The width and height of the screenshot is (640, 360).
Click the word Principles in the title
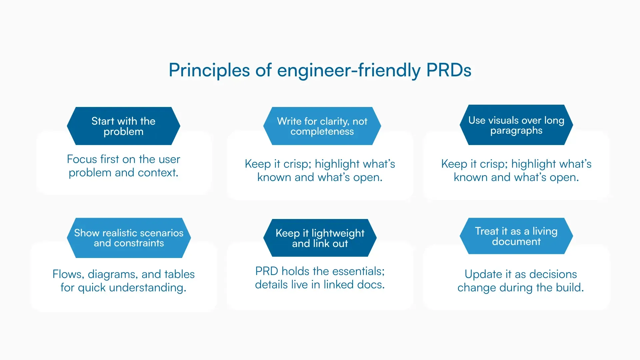(209, 70)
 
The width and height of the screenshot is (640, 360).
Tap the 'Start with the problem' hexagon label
(123, 126)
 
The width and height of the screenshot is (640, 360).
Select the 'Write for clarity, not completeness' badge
(322, 126)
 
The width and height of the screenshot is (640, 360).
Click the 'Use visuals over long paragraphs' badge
(516, 125)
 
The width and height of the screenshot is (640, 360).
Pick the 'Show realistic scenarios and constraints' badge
(129, 238)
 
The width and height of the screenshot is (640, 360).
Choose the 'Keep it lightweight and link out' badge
(320, 238)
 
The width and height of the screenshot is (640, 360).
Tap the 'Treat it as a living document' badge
(516, 236)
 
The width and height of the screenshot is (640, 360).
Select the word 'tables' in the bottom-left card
(179, 274)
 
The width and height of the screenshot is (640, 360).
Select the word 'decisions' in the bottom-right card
(553, 274)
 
